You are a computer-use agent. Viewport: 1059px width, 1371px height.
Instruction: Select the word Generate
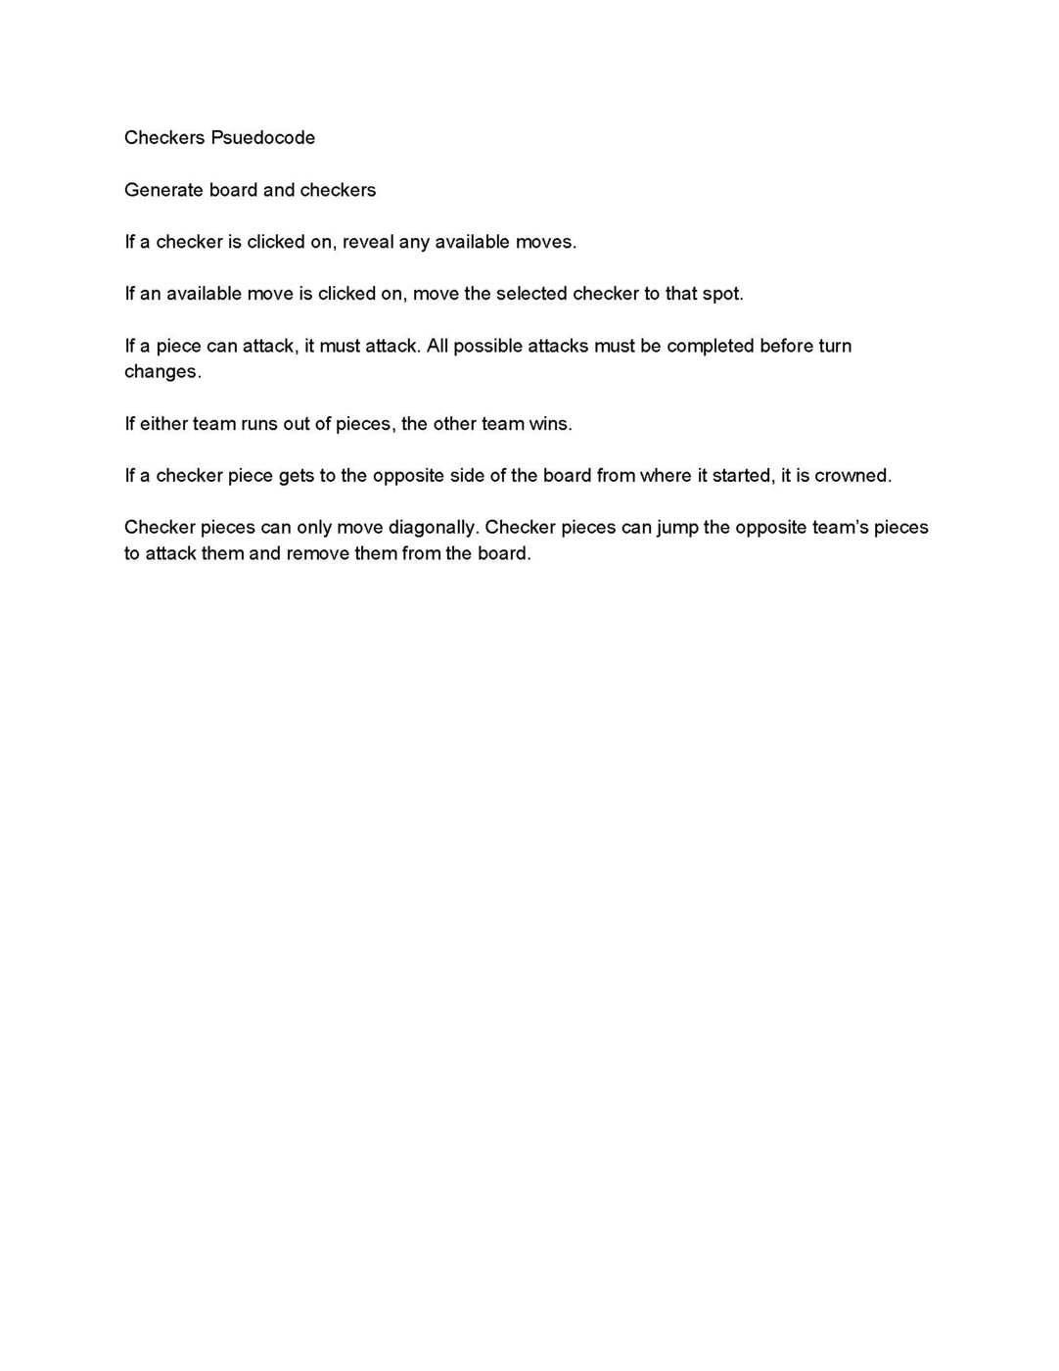click(x=163, y=190)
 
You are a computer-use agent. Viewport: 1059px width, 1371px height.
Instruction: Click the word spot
click(x=722, y=294)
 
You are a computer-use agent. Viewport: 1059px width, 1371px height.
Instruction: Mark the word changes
click(x=162, y=372)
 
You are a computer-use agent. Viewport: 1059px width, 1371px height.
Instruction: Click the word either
click(x=163, y=424)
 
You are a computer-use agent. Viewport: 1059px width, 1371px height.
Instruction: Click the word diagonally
click(x=433, y=528)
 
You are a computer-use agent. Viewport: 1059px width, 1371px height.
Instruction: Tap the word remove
click(x=317, y=553)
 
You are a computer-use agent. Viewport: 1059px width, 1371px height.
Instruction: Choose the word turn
click(x=835, y=346)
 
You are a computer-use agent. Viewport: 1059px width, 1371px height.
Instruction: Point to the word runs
click(x=259, y=424)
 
